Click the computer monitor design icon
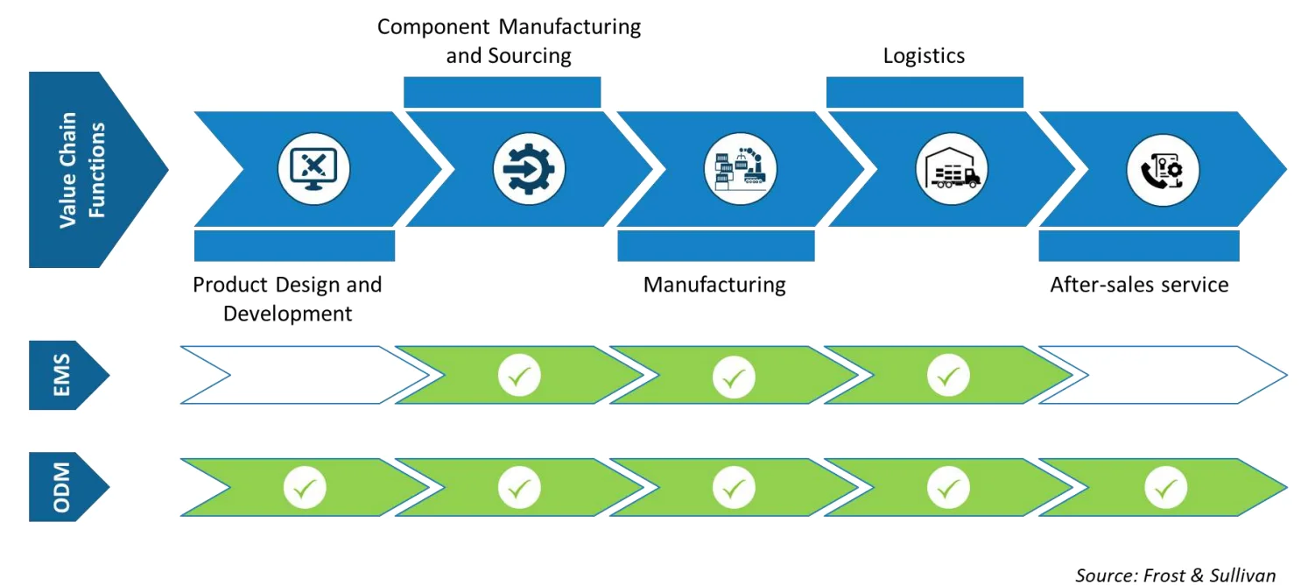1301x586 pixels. pos(313,170)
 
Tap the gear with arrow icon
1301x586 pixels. pos(529,170)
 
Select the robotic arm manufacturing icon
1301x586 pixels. pos(740,170)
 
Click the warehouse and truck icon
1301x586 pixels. pos(951,170)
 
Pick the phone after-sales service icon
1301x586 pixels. pos(1163,170)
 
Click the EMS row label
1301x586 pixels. pos(64,375)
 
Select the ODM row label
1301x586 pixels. pos(64,487)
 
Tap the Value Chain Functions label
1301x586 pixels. pos(82,170)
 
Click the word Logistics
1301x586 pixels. pos(924,56)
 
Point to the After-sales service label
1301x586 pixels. pos(1139,285)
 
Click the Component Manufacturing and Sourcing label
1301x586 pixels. pos(509,41)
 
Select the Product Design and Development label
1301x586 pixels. pos(287,299)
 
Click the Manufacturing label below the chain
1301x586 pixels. pos(714,285)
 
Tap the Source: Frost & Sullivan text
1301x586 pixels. pos(1176,575)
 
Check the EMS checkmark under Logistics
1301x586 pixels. pos(948,377)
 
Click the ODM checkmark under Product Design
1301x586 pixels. pos(305,488)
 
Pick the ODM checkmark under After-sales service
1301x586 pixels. pos(1165,488)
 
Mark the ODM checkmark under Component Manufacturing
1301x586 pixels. pos(519,488)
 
